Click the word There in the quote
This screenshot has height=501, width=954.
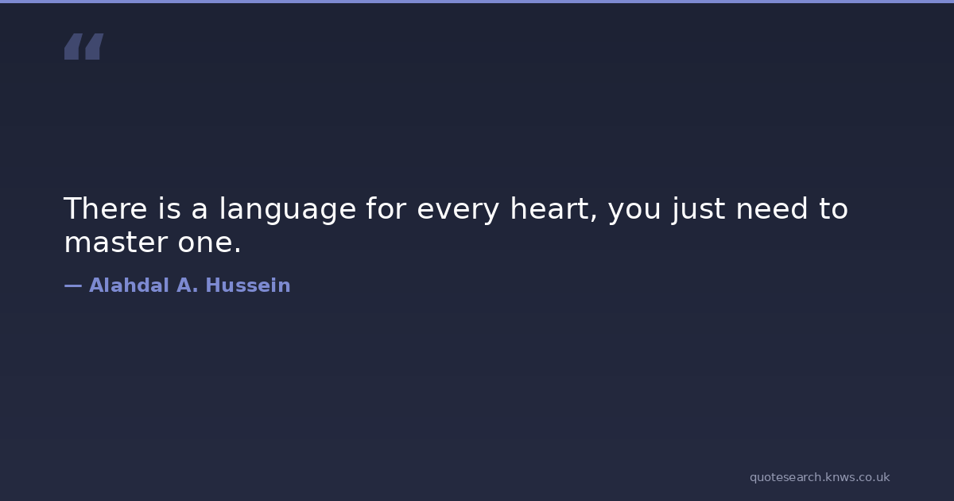[x=105, y=208]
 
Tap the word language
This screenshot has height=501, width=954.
[x=288, y=211]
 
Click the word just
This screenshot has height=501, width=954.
[x=699, y=210]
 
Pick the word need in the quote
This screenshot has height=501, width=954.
[x=772, y=208]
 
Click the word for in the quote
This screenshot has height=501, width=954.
[x=386, y=208]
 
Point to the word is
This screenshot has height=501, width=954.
[x=169, y=208]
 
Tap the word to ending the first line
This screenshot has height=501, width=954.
[x=833, y=208]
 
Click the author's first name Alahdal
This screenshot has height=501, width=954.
[x=129, y=285]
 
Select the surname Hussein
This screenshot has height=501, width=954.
[x=248, y=285]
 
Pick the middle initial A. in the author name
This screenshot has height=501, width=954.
[x=188, y=285]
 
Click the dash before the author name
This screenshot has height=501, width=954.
[x=73, y=285]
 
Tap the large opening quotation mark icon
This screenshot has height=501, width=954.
[x=84, y=46]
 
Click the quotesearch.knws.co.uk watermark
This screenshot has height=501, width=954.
[x=820, y=477]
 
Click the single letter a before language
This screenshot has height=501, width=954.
[x=199, y=211]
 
